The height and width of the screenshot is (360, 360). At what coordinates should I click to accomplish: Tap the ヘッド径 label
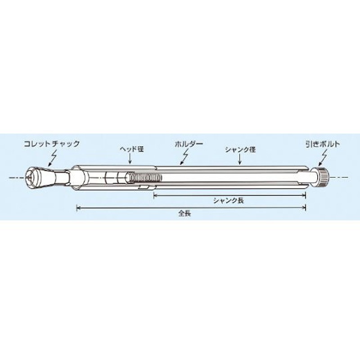[131, 148]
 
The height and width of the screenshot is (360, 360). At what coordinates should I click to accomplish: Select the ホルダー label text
[189, 144]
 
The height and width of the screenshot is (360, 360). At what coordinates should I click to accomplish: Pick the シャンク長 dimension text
[228, 201]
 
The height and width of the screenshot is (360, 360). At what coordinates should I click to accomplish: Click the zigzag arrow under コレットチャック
[53, 158]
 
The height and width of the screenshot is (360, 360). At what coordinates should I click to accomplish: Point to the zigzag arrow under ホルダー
[185, 156]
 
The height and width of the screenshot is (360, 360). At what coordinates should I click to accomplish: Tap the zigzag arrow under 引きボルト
[323, 157]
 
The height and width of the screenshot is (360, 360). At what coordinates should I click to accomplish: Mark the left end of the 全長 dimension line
[77, 207]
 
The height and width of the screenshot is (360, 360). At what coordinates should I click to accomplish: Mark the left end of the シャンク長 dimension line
[154, 194]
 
